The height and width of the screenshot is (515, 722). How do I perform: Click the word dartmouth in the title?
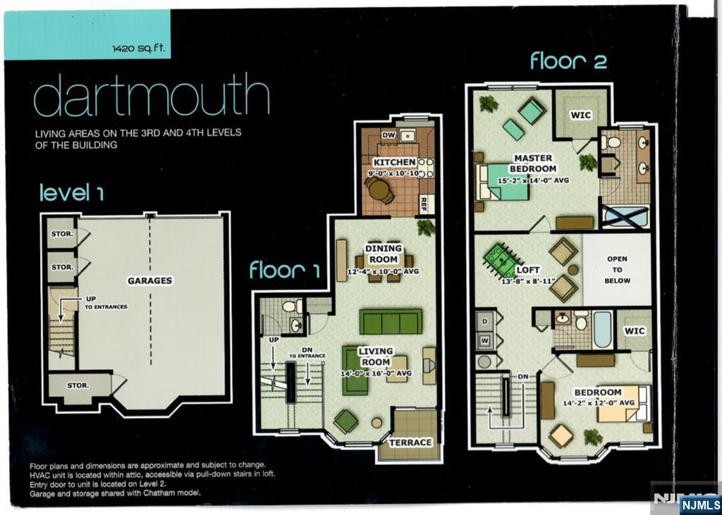coord(151,95)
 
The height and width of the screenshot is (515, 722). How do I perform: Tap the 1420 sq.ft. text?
coord(139,48)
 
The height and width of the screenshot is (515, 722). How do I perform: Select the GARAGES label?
coord(150,280)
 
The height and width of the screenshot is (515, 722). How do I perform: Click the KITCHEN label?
coord(395,162)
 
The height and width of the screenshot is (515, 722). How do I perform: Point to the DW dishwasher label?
coord(388,135)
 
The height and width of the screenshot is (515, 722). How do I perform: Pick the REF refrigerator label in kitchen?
coord(424,205)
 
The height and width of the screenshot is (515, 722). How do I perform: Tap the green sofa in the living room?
coord(391,321)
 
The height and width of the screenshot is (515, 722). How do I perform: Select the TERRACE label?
coord(410,442)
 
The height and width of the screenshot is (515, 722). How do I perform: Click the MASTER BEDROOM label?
coord(533,163)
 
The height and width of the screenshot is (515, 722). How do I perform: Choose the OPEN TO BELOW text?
coord(618,270)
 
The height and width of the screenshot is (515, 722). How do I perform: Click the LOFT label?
coord(528,270)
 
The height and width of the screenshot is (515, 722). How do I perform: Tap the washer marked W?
coord(484,341)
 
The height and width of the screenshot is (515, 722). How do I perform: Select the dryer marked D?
coord(484,321)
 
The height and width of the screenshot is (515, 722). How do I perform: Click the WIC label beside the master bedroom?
coord(581,115)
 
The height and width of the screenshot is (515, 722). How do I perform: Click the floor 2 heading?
coord(568,61)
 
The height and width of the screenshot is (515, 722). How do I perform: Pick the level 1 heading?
coord(72,192)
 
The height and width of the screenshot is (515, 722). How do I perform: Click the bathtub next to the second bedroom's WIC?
coord(603,330)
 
